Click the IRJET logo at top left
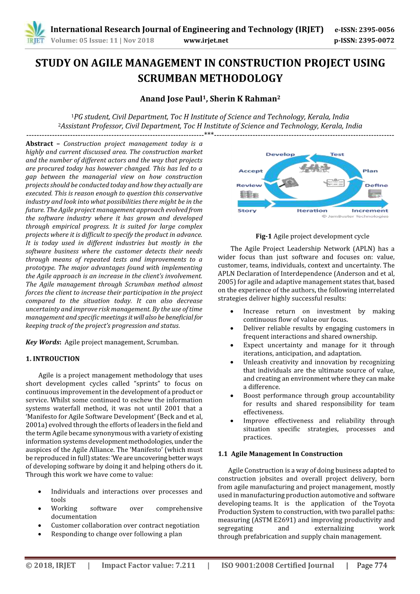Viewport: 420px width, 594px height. pos(35,33)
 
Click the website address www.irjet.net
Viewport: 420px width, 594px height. pos(205,40)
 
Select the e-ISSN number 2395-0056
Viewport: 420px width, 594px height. pos(376,30)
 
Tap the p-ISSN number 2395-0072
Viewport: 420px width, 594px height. pos(376,40)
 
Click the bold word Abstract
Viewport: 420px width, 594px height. pos(40,144)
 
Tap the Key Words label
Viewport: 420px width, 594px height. pos(43,342)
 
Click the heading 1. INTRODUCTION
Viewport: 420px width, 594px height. pos(53,359)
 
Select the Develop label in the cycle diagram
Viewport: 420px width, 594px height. pos(280,154)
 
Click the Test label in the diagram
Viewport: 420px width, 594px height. pos(337,154)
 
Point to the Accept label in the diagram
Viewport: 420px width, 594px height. pos(250,171)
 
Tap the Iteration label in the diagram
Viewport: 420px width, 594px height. pos(312,210)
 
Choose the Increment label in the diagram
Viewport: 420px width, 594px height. pos(369,210)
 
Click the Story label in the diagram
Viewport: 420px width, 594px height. pos(247,210)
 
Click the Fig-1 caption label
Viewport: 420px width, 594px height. pos(264,236)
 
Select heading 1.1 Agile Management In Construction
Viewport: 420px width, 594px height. pos(280,454)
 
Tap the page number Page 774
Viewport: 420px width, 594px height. pos(372,566)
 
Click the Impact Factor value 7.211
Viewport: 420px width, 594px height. pos(185,566)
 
